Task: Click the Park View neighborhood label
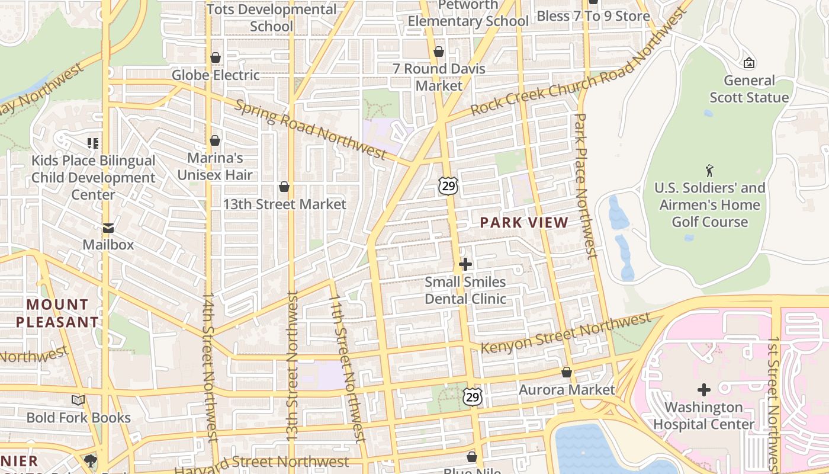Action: (x=523, y=223)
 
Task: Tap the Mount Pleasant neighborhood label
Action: (x=57, y=313)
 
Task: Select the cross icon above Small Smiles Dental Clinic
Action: (x=465, y=264)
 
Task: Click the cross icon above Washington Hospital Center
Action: (x=703, y=390)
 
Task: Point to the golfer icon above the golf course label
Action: (x=709, y=171)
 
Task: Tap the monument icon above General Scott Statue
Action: (x=748, y=63)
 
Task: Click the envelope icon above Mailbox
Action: (x=108, y=228)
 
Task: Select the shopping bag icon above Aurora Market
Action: (x=567, y=373)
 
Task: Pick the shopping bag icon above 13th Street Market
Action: (x=284, y=187)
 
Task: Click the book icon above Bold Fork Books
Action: (x=78, y=401)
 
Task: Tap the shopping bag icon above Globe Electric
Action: (x=216, y=57)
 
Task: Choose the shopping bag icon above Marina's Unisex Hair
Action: (x=215, y=140)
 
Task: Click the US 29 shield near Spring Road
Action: (x=448, y=187)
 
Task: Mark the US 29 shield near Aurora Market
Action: (x=472, y=396)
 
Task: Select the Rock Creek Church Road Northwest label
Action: (x=580, y=65)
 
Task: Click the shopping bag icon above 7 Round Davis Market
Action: (x=439, y=52)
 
